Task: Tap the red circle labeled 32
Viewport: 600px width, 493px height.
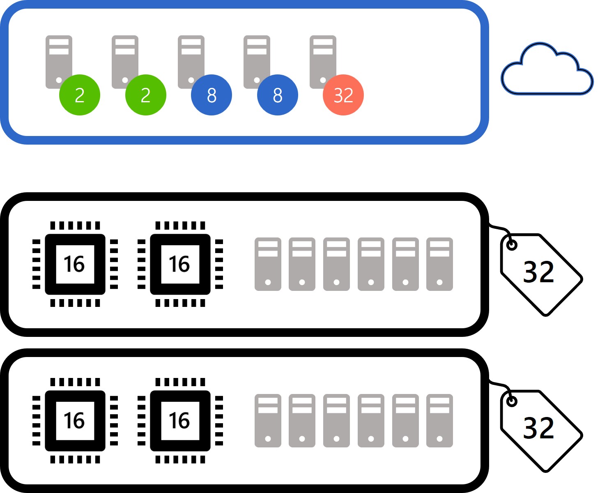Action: click(x=343, y=95)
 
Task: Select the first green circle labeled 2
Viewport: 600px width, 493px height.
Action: click(x=80, y=95)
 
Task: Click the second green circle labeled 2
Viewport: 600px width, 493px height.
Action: click(x=145, y=95)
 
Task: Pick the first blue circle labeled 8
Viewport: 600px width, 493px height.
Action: click(x=211, y=95)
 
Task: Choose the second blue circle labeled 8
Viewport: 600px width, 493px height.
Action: click(x=277, y=95)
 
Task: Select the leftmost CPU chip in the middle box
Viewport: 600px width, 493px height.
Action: click(x=75, y=264)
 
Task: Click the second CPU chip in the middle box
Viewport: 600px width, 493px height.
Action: click(x=180, y=264)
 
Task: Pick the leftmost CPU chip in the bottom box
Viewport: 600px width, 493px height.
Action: click(x=75, y=421)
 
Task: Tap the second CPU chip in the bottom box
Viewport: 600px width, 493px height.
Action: click(x=180, y=421)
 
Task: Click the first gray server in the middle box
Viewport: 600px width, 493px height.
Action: click(x=268, y=264)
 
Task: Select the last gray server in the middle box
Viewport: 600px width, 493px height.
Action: click(x=439, y=264)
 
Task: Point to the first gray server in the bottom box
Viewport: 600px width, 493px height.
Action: click(x=268, y=421)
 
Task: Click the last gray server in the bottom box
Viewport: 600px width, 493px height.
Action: click(x=439, y=421)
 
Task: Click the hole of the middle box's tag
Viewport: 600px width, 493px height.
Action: click(x=512, y=245)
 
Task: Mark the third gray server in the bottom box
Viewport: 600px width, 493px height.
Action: click(x=336, y=421)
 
